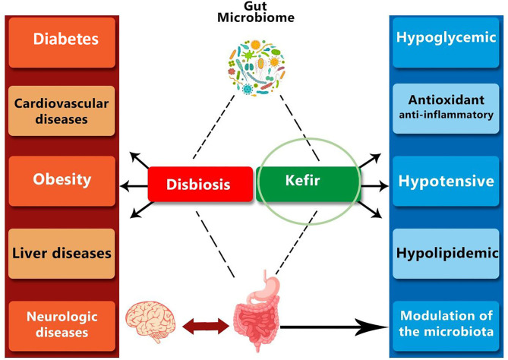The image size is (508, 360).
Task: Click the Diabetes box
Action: click(x=62, y=43)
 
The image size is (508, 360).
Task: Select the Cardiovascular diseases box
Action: click(x=62, y=111)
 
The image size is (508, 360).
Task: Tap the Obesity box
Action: click(x=62, y=181)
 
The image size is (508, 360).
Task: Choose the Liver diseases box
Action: click(x=62, y=254)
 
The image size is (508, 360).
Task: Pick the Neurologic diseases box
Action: click(x=62, y=327)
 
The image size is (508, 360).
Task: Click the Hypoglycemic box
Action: click(x=446, y=43)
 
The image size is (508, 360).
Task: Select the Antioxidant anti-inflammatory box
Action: click(x=446, y=109)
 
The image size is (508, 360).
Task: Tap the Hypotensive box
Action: click(x=446, y=181)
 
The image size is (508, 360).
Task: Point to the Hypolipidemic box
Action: click(x=446, y=254)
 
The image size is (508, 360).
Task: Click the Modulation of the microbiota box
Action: click(x=446, y=327)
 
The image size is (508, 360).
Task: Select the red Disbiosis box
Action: click(x=200, y=184)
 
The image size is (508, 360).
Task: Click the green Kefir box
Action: click(x=308, y=184)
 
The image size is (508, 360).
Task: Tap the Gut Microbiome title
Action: click(x=256, y=12)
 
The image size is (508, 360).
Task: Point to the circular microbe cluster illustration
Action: click(x=257, y=68)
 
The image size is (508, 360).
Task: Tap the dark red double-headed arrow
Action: click(x=206, y=327)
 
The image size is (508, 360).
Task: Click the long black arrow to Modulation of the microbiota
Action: click(x=334, y=327)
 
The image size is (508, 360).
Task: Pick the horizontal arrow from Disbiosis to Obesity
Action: click(x=134, y=186)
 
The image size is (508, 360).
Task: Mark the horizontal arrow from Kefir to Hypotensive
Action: click(x=374, y=186)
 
